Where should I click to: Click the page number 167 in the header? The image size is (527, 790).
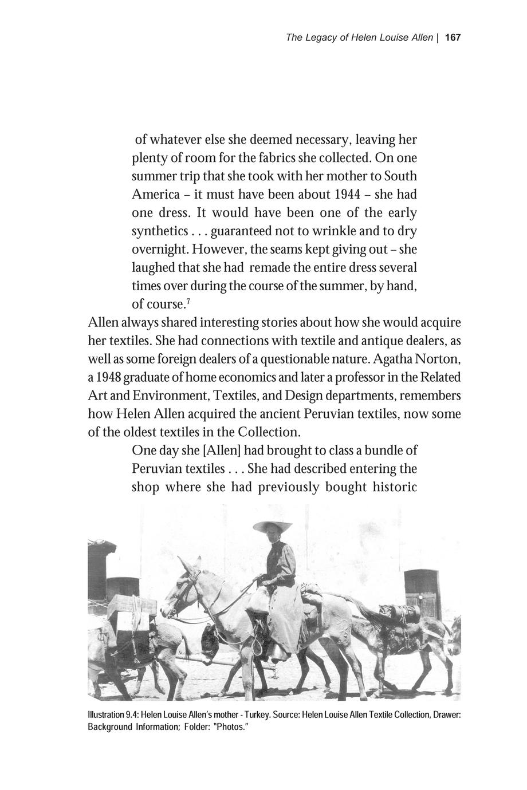pos(453,38)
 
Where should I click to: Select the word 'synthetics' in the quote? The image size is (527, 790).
pos(160,231)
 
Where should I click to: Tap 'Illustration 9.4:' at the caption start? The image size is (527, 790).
pos(112,715)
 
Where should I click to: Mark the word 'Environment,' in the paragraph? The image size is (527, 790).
pos(175,396)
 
